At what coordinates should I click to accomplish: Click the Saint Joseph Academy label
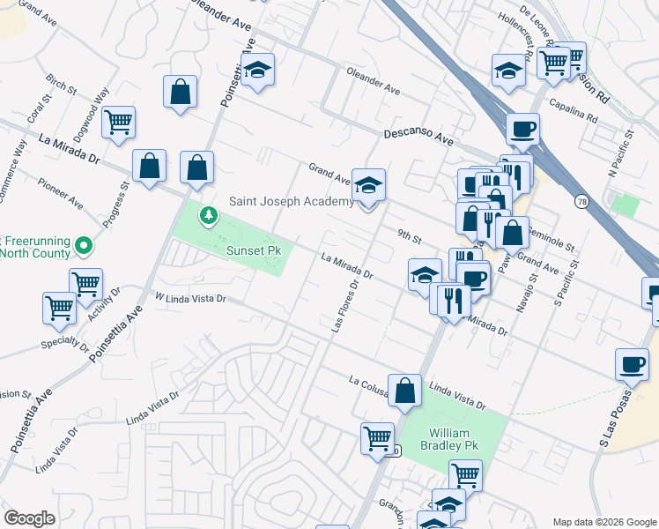tap(291, 201)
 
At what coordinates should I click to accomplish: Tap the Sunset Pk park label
tap(255, 251)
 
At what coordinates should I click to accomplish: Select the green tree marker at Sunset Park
tap(209, 215)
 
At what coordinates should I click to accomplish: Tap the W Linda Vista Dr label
tap(191, 298)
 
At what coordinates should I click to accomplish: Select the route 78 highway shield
tap(581, 202)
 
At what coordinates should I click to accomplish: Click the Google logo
tap(29, 518)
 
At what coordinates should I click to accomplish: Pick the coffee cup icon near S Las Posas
tap(632, 363)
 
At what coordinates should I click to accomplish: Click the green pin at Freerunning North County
tap(83, 244)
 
